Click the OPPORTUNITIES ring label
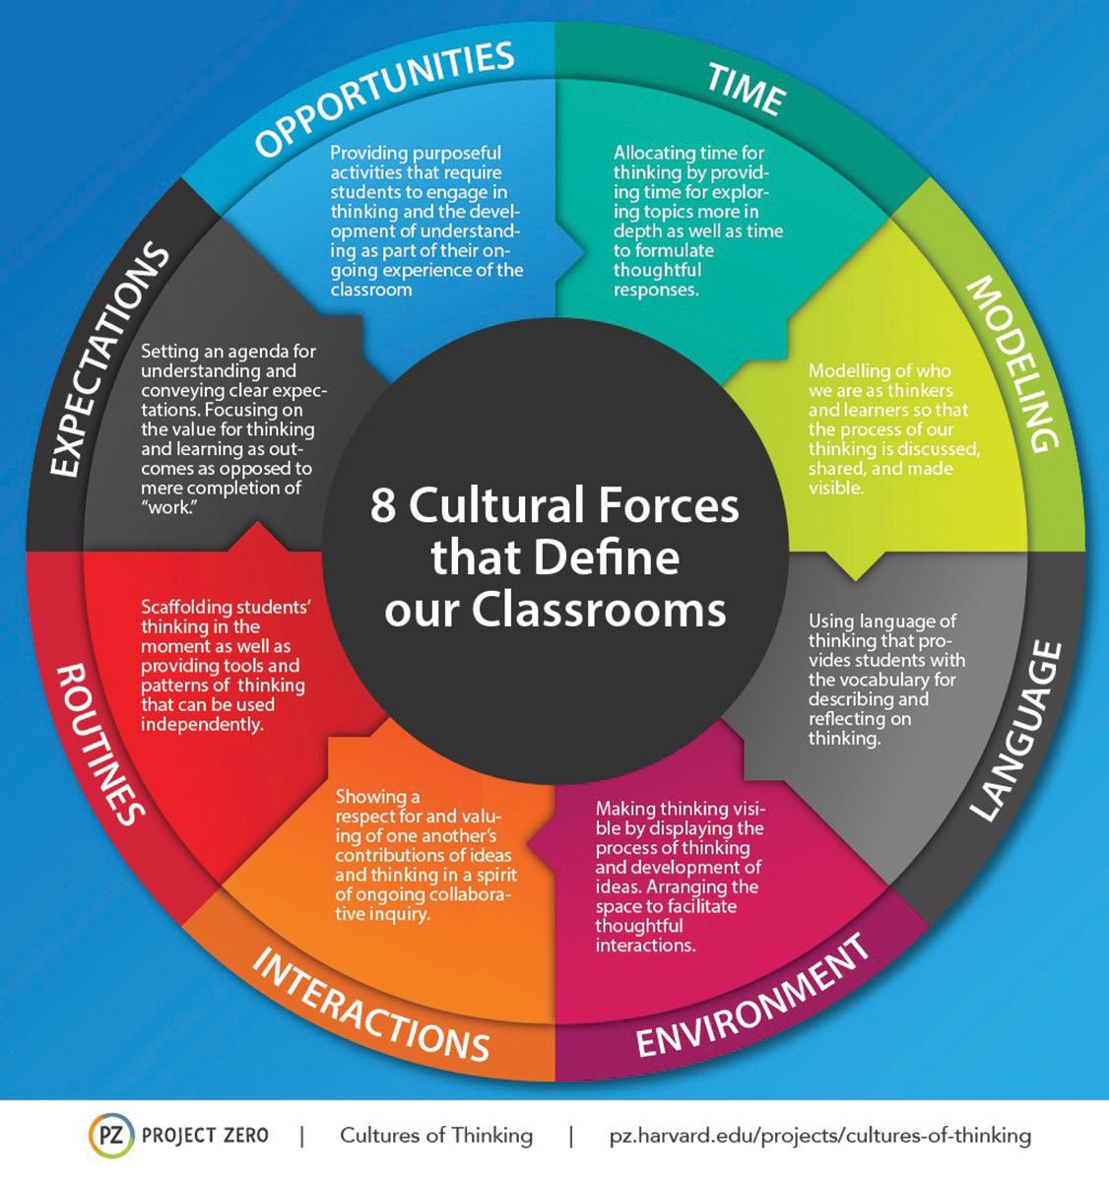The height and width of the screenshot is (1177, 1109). (x=385, y=98)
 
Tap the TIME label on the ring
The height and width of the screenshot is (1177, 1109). (x=746, y=90)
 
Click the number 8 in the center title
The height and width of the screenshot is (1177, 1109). (x=383, y=506)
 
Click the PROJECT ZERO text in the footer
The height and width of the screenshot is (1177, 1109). (x=205, y=1136)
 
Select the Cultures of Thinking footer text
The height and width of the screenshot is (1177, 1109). (x=436, y=1136)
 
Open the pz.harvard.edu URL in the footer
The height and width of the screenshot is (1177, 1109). (x=820, y=1136)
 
